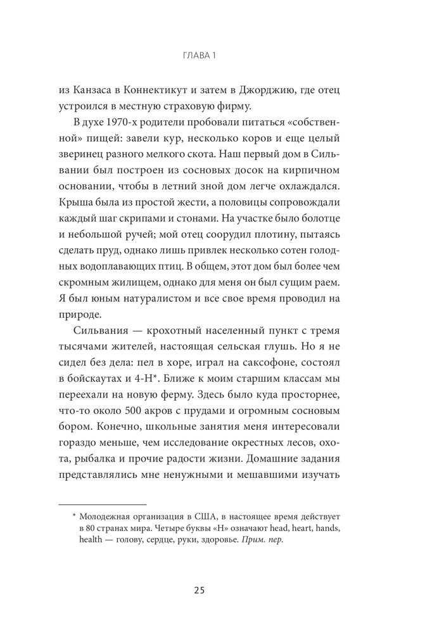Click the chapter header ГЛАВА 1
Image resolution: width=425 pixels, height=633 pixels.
coord(199,56)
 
